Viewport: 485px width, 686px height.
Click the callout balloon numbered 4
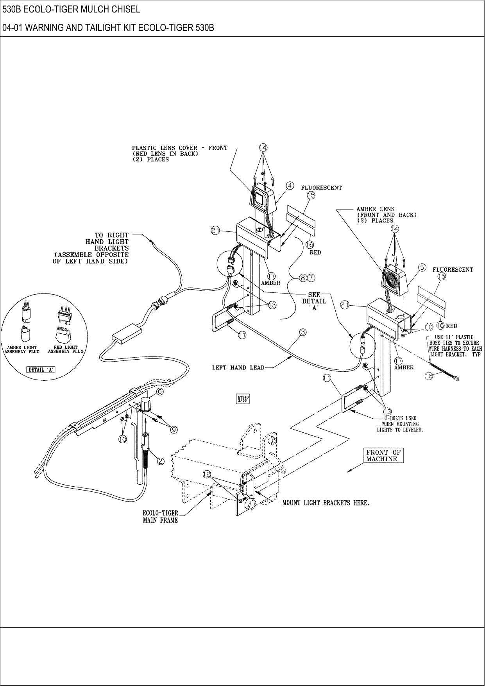pyautogui.click(x=290, y=186)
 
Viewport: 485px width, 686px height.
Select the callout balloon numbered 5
pyautogui.click(x=422, y=267)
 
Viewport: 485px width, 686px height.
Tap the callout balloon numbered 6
pyautogui.click(x=160, y=391)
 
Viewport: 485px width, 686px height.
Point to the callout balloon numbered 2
pyautogui.click(x=161, y=460)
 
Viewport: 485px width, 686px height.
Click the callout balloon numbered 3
pyautogui.click(x=302, y=332)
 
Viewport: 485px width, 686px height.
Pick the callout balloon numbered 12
pyautogui.click(x=207, y=474)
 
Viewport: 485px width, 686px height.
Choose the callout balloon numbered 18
pyautogui.click(x=429, y=376)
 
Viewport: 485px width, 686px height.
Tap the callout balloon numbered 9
pyautogui.click(x=174, y=430)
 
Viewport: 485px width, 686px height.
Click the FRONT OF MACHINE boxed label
pyautogui.click(x=383, y=455)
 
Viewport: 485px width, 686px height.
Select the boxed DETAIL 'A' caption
pyautogui.click(x=41, y=370)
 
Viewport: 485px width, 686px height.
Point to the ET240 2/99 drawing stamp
pyautogui.click(x=243, y=399)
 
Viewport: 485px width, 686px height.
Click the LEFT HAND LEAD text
pyautogui.click(x=238, y=367)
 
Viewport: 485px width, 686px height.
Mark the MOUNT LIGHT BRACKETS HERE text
pyautogui.click(x=326, y=503)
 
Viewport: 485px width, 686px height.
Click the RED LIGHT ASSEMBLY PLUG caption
pyautogui.click(x=66, y=349)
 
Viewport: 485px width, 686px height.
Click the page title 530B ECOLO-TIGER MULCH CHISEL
pyautogui.click(x=71, y=9)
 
